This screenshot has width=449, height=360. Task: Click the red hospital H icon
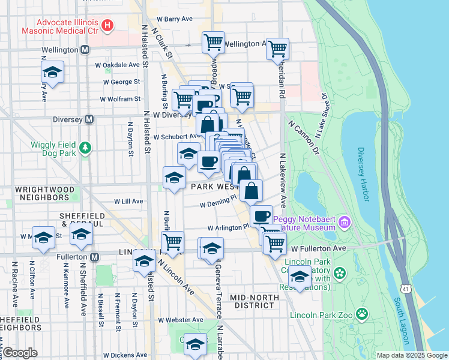click(107, 25)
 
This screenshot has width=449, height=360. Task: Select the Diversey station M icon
click(89, 119)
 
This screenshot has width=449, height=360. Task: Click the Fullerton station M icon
click(94, 257)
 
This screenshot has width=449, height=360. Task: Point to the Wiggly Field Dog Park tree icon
click(86, 147)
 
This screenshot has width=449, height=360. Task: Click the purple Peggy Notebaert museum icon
click(344, 223)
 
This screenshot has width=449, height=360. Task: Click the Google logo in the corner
click(20, 352)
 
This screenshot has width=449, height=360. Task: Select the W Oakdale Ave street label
click(117, 65)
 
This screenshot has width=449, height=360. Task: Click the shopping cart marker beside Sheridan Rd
click(278, 49)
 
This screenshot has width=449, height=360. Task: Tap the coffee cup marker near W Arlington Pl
click(261, 216)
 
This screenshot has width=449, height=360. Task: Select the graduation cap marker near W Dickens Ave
click(194, 344)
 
